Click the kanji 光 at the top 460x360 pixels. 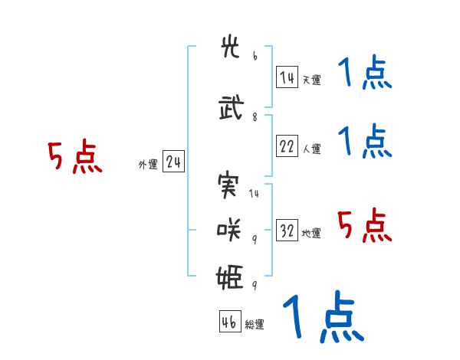tap(230, 47)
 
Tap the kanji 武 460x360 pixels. tap(232, 107)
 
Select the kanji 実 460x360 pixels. tap(228, 185)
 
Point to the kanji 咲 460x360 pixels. tap(228, 230)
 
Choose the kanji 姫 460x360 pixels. tap(230, 277)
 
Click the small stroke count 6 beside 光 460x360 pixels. tap(255, 56)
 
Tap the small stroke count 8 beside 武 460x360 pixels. tap(255, 117)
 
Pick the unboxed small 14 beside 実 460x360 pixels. tap(254, 193)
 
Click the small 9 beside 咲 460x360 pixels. tap(255, 240)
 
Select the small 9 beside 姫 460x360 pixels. tap(255, 285)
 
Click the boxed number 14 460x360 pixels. tap(287, 77)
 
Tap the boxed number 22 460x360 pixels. tap(287, 146)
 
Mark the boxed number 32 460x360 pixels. tap(287, 230)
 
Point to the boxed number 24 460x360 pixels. tap(173, 162)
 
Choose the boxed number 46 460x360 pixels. tap(230, 321)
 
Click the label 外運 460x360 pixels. tap(148, 165)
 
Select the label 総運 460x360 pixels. tap(255, 325)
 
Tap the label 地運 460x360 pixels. tap(311, 234)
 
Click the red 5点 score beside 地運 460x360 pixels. tap(365, 225)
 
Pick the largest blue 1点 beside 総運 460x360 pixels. tap(324, 316)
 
